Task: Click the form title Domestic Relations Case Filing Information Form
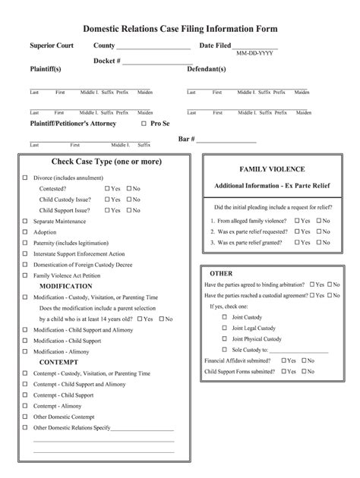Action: point(180,29)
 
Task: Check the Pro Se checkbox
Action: point(144,123)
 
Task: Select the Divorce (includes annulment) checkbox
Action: point(26,178)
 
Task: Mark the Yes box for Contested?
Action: point(107,188)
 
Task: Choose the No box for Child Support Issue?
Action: point(130,210)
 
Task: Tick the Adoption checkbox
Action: point(26,232)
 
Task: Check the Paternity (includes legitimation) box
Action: point(26,243)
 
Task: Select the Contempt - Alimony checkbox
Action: point(26,406)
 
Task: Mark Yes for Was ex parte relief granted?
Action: point(296,242)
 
